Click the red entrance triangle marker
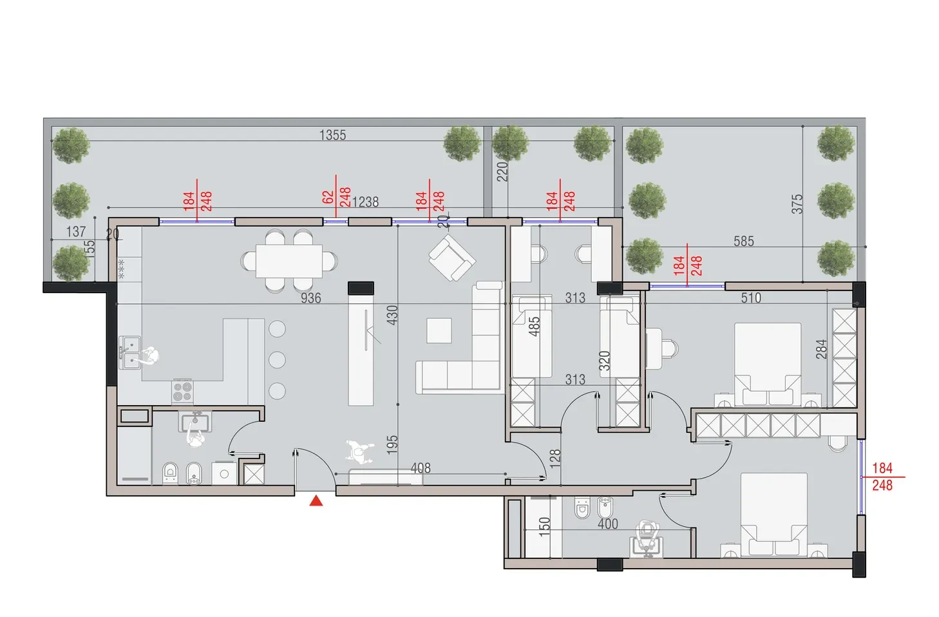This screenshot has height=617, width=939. [x=316, y=500]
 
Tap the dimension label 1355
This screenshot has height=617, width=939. [x=332, y=135]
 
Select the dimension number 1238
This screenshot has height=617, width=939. [x=365, y=202]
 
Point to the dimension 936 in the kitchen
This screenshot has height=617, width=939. [x=311, y=298]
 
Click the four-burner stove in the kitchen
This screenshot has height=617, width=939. [x=183, y=392]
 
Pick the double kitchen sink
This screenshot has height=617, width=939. [x=129, y=352]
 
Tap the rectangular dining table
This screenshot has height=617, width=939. [x=289, y=261]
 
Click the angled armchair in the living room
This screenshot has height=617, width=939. [x=452, y=258]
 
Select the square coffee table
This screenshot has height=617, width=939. [x=439, y=330]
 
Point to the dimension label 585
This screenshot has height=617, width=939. [x=744, y=241]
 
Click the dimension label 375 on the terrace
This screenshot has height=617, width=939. [x=797, y=204]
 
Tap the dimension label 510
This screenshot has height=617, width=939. [x=751, y=298]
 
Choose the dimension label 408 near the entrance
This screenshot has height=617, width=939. [x=421, y=468]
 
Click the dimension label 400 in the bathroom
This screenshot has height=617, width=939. [x=608, y=524]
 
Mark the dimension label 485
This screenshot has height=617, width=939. [x=534, y=327]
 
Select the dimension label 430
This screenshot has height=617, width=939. [x=392, y=315]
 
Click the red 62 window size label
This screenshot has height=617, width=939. [x=328, y=197]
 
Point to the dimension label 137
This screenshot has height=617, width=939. [x=76, y=231]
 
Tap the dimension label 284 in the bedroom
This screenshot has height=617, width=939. [x=822, y=349]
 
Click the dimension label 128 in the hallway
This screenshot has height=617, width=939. [x=555, y=459]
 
